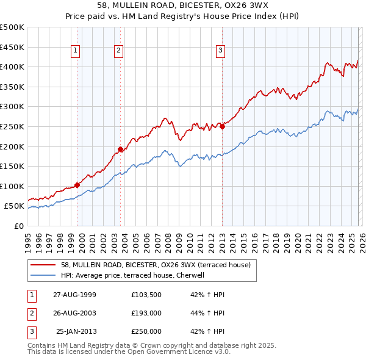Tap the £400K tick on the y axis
coord(12,67)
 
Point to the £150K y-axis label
coord(12,166)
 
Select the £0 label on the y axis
coord(18,226)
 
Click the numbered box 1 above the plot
coord(76,51)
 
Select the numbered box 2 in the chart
coord(118,51)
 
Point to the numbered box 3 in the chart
coord(220,51)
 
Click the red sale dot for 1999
coord(77,185)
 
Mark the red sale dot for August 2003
coord(120,149)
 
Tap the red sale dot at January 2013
coord(222,126)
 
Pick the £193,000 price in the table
coord(146,313)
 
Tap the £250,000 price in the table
coord(146,331)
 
